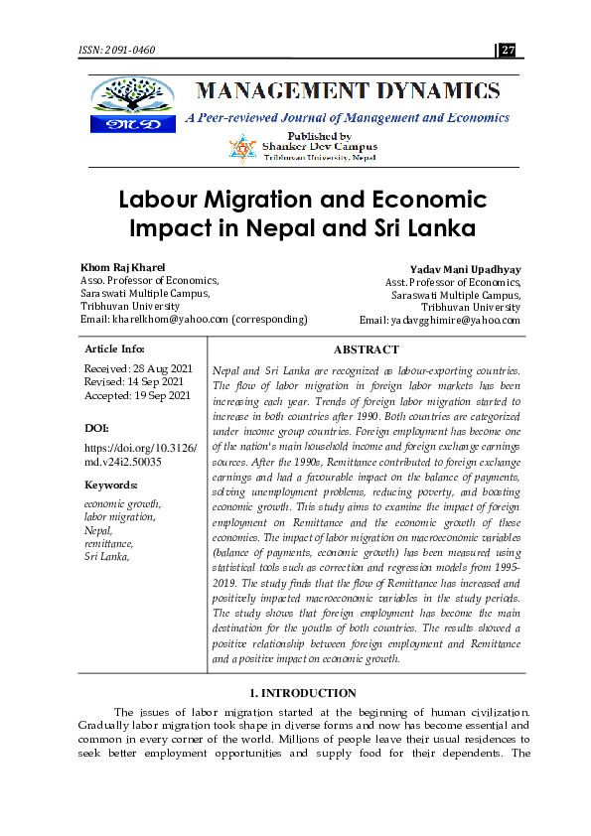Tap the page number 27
[509, 50]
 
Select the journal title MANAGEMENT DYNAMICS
[348, 92]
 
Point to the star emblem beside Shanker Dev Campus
[242, 149]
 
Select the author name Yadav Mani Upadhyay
[465, 269]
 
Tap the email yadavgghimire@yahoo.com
[454, 320]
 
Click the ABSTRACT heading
[367, 349]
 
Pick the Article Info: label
[115, 349]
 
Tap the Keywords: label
[111, 485]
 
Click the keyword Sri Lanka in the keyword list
[107, 556]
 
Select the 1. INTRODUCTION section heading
[295, 693]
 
